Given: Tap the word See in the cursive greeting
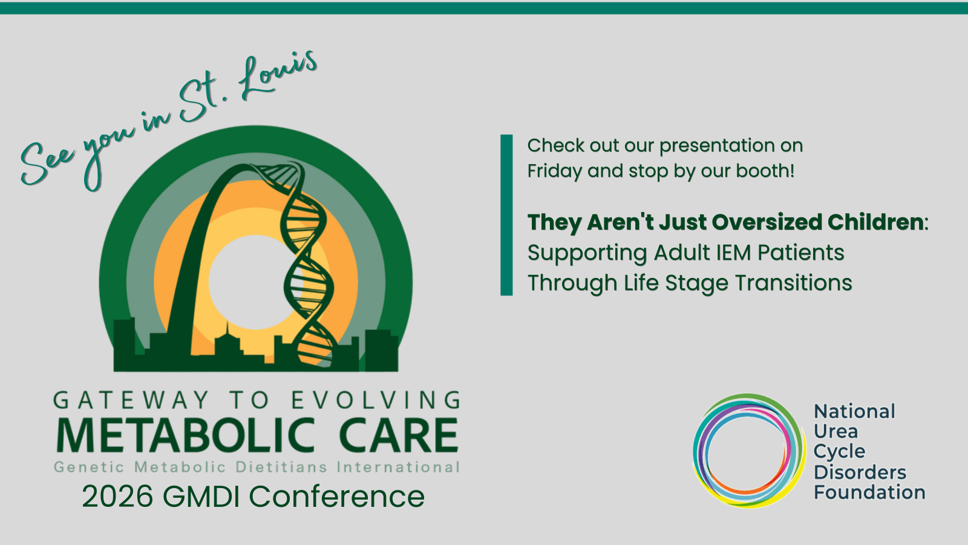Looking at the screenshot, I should pyautogui.click(x=47, y=162).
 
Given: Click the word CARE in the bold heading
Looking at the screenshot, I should pyautogui.click(x=398, y=436).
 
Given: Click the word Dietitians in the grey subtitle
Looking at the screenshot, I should pyautogui.click(x=281, y=467).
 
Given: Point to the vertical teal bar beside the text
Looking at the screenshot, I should pyautogui.click(x=506, y=215).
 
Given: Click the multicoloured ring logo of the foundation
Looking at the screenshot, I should pyautogui.click(x=749, y=451).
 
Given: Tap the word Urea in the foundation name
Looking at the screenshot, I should pyautogui.click(x=836, y=431).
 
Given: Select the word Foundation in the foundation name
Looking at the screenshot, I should pyautogui.click(x=869, y=492).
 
